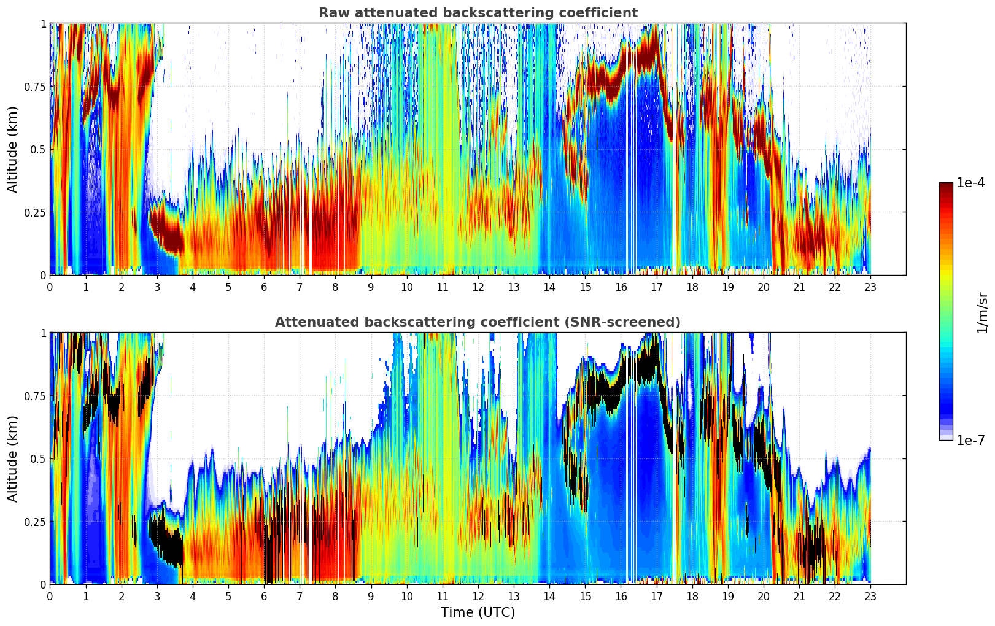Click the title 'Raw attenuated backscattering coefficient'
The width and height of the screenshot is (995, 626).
pyautogui.click(x=478, y=13)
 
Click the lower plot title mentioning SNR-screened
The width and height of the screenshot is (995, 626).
pyautogui.click(x=478, y=322)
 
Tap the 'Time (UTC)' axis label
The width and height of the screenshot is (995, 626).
pyautogui.click(x=478, y=612)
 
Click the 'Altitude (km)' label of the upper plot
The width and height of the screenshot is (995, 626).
pyautogui.click(x=13, y=149)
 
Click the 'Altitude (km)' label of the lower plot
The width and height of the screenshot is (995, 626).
pyautogui.click(x=13, y=458)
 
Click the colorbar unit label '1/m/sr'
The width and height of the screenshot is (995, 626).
pyautogui.click(x=982, y=313)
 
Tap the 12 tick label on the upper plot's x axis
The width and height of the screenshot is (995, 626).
pyautogui.click(x=478, y=287)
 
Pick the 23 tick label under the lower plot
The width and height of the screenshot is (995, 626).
pyautogui.click(x=870, y=596)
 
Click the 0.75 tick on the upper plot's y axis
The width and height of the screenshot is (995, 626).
pyautogui.click(x=34, y=87)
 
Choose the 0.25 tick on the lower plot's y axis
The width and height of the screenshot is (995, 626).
pyautogui.click(x=34, y=522)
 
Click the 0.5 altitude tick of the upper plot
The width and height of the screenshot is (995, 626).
pyautogui.click(x=38, y=149)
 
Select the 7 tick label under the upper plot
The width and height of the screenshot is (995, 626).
pyautogui.click(x=300, y=287)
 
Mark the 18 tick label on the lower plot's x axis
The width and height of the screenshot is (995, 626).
pyautogui.click(x=692, y=596)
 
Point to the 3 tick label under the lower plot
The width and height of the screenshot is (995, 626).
pyautogui.click(x=157, y=596)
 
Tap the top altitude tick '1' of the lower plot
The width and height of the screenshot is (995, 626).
pyautogui.click(x=43, y=333)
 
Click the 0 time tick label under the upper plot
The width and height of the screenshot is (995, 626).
pyautogui.click(x=50, y=287)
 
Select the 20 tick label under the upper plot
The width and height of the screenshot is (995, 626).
pyautogui.click(x=764, y=287)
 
